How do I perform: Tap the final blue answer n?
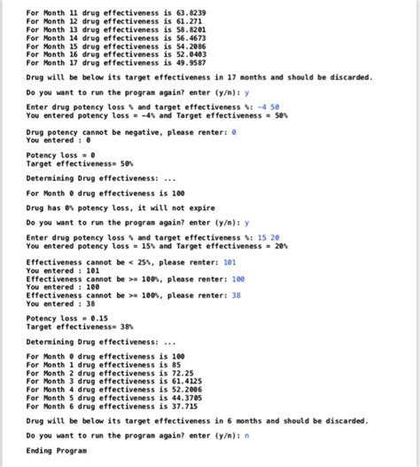[246, 436]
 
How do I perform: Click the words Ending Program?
[57, 451]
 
